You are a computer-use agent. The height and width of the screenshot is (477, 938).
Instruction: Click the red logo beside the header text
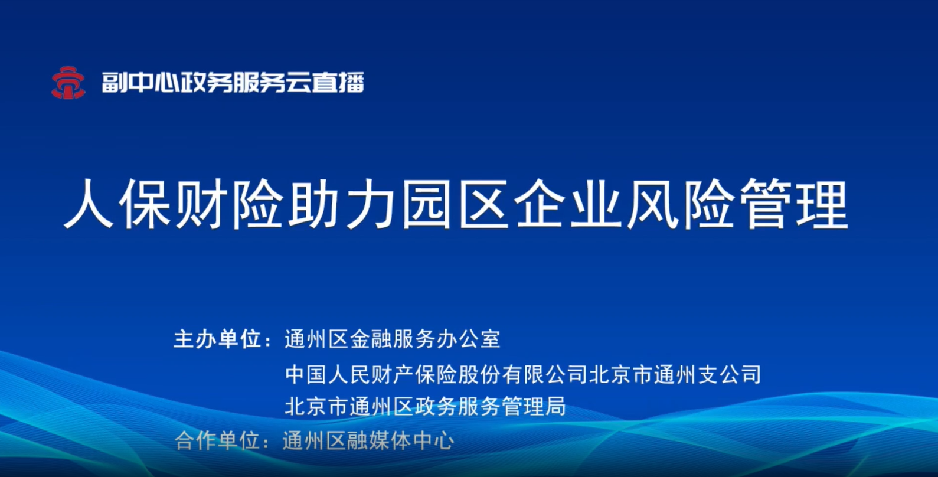click(x=68, y=83)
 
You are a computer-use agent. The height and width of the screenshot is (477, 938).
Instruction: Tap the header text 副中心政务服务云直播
click(x=233, y=82)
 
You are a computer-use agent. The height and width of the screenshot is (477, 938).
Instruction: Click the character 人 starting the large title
click(x=89, y=204)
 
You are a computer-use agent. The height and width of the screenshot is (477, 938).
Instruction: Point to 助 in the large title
click(x=314, y=204)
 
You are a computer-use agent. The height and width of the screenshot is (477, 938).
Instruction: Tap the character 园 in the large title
click(x=427, y=204)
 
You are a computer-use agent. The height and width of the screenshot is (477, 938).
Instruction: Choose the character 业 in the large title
click(x=596, y=204)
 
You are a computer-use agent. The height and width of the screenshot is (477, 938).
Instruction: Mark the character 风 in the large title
click(x=652, y=204)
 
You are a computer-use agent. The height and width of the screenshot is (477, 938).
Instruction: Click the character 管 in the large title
click(x=766, y=204)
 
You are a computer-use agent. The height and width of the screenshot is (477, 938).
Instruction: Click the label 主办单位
click(x=217, y=339)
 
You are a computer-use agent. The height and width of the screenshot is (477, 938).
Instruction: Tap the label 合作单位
click(x=217, y=440)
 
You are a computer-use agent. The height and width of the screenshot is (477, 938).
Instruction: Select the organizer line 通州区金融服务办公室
click(x=393, y=339)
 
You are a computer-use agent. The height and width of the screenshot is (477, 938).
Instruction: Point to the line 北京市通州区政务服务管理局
click(x=425, y=406)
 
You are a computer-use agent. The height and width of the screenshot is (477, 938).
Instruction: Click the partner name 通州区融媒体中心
click(x=368, y=440)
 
